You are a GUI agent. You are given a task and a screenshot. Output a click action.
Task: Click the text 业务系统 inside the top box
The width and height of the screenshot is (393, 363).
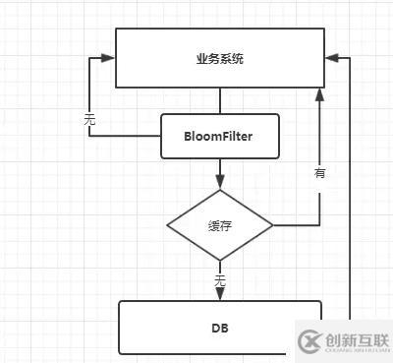pos(220,59)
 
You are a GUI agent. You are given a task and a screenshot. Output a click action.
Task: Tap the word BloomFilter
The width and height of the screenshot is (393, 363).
pos(220,137)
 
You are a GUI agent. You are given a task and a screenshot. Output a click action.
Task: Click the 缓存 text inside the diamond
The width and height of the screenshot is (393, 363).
pos(220,225)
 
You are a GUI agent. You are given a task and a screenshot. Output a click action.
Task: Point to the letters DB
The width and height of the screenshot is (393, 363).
pos(220,327)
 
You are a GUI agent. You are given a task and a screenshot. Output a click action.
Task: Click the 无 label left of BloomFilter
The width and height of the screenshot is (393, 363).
pos(88,119)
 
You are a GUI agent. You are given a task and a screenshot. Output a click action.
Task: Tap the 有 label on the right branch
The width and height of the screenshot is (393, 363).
pos(319,173)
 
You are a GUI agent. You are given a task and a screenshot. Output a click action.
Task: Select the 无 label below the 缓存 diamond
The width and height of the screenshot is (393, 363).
pos(220,279)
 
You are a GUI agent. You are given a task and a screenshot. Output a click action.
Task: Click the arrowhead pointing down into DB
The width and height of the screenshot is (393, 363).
pos(220,294)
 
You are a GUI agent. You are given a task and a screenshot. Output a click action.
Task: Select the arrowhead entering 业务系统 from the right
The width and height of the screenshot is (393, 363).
pos(332,58)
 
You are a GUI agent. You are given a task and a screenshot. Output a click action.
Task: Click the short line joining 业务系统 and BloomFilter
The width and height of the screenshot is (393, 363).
pos(220,100)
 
